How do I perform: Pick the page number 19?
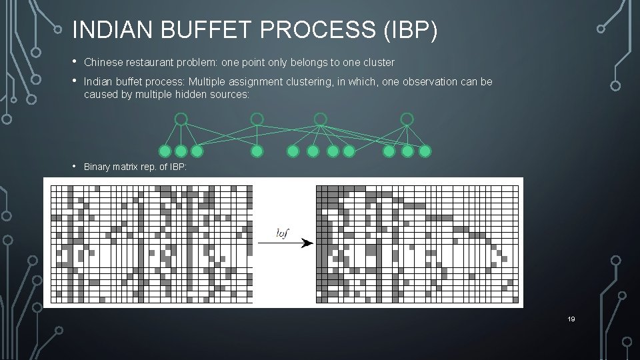571,319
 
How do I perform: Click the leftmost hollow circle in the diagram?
181,119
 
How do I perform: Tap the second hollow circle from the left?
257,119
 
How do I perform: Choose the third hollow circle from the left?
321,119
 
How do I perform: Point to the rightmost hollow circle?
407,119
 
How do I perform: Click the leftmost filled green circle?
165,151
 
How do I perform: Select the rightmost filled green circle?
425,151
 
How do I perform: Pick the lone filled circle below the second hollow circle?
257,151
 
